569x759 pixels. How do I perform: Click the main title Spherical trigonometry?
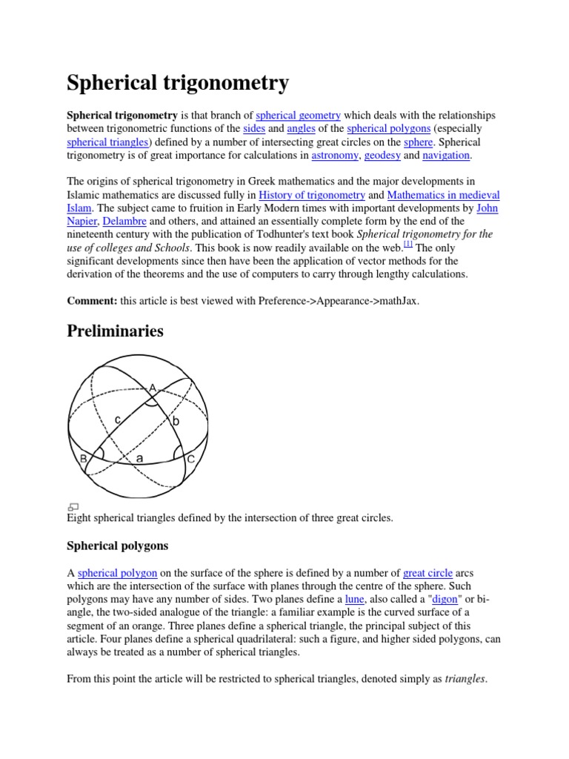178,83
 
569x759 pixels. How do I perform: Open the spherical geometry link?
298,116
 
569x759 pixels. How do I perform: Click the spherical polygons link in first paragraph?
388,129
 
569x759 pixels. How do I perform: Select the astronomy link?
335,156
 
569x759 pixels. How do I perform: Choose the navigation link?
446,156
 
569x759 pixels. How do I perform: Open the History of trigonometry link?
312,195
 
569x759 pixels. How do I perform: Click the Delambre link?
124,222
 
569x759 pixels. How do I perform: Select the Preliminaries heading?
115,331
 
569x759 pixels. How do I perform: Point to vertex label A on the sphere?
153,388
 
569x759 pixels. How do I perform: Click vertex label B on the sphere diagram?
84,459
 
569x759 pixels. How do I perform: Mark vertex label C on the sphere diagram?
190,459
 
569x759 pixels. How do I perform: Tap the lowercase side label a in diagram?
139,459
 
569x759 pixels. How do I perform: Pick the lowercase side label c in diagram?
117,420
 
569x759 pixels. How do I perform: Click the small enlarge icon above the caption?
73,506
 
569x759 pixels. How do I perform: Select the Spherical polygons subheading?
117,546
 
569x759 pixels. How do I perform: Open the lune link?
354,599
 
